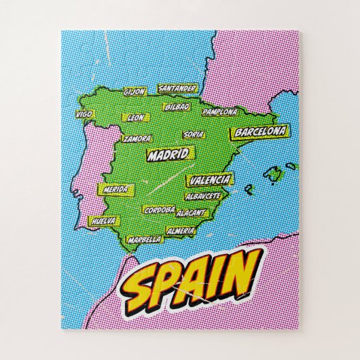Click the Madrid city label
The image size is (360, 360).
167,155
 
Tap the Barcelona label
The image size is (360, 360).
259,131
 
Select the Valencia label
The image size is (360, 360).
210,180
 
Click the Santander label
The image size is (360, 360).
177,88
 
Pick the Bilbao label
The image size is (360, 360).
177,107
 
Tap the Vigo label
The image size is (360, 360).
84,113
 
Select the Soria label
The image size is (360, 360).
193,134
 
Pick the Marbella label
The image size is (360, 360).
144,239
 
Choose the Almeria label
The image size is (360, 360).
181,231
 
